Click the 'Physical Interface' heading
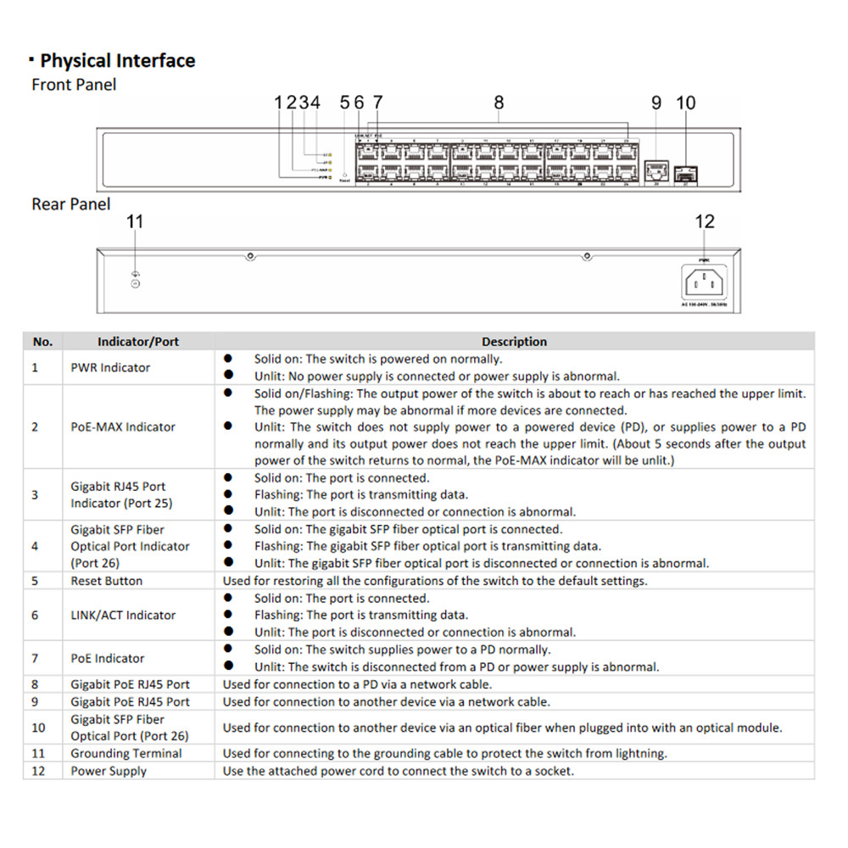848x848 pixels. tap(117, 61)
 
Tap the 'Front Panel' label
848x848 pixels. tap(74, 85)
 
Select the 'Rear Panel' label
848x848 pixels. tap(71, 204)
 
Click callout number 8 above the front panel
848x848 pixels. tap(499, 103)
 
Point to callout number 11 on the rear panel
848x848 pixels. tap(135, 222)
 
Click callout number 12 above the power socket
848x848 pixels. tap(705, 222)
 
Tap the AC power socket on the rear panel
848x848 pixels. tap(704, 282)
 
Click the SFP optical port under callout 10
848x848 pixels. tap(686, 174)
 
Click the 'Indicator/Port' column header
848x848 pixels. tap(138, 342)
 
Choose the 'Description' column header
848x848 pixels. tap(514, 342)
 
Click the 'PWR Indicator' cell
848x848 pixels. tap(110, 368)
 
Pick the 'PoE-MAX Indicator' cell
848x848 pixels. tap(123, 427)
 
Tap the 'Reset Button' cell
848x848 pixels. tap(106, 581)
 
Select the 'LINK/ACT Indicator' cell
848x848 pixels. tap(123, 615)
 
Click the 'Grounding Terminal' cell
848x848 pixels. tap(126, 753)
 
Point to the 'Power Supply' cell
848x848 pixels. tap(109, 771)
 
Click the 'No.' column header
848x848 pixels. tap(42, 342)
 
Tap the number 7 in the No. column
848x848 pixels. tap(35, 658)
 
